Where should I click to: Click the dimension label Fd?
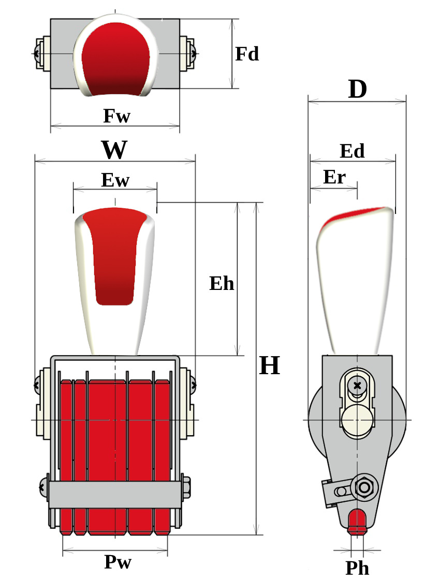[247, 54]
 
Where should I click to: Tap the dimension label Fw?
[116, 116]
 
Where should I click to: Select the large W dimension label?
[114, 150]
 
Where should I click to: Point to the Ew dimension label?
[115, 180]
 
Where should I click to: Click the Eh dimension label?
[222, 284]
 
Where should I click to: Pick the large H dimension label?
[269, 366]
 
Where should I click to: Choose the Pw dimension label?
[118, 562]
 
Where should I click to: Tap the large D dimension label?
[357, 90]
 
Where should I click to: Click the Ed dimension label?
[352, 151]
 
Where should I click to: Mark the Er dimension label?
[334, 177]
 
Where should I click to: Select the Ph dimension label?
[357, 568]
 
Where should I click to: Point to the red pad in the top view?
[115, 59]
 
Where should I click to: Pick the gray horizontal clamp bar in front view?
[115, 495]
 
